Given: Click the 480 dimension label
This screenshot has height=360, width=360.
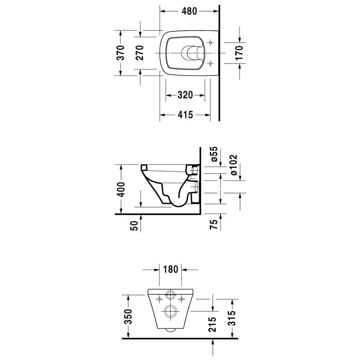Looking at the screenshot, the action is (189, 11).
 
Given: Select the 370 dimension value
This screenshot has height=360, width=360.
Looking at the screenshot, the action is (121, 53).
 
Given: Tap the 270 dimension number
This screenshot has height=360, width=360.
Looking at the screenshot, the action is (139, 53).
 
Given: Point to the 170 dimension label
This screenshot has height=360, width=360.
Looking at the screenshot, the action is (239, 53).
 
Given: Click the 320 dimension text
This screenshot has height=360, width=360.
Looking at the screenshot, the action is (185, 95).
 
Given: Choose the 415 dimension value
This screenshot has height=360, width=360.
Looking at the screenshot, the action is (185, 114).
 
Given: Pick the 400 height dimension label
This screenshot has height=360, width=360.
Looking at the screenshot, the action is (121, 190).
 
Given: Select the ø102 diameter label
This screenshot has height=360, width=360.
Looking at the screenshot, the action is (233, 165).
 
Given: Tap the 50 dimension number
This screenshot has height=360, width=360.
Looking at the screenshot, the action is (134, 226).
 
